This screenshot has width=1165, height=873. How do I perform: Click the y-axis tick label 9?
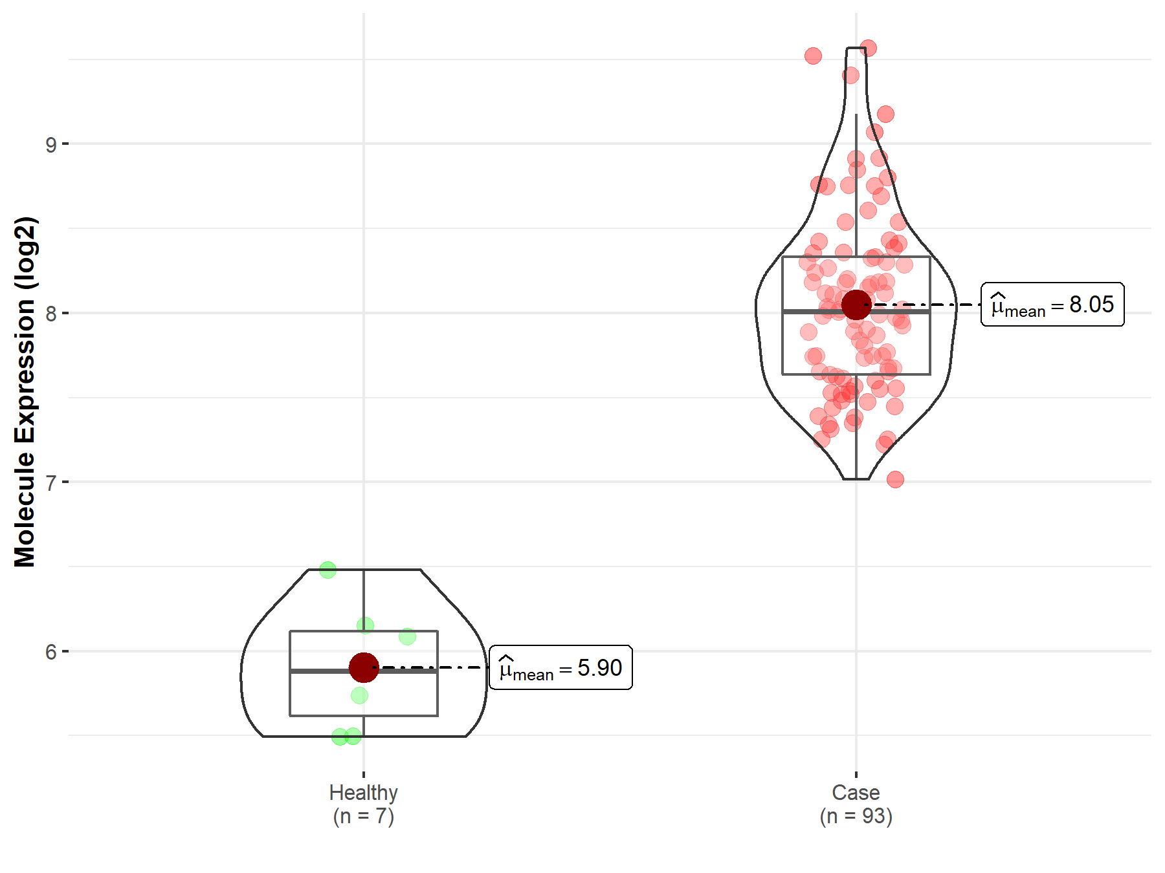click(x=50, y=144)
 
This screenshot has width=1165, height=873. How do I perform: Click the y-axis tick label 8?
click(x=50, y=314)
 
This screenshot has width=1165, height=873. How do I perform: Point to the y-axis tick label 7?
click(x=50, y=482)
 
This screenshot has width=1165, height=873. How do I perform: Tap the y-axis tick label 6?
click(x=50, y=652)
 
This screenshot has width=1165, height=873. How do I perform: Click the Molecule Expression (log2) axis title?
click(x=25, y=392)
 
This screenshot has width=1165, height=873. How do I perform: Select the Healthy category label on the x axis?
click(x=363, y=792)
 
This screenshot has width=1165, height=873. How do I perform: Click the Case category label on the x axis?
click(x=856, y=792)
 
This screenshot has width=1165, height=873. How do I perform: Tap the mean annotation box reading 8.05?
click(x=1052, y=305)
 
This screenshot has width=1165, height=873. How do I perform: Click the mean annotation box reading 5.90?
click(x=560, y=667)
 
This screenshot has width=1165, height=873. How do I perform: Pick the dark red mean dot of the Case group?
click(x=856, y=305)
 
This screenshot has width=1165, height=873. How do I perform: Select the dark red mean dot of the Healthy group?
click(x=364, y=667)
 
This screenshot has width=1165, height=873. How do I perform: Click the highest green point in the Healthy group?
click(x=327, y=570)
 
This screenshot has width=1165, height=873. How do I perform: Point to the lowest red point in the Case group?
click(x=895, y=479)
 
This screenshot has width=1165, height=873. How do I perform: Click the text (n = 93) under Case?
click(x=856, y=816)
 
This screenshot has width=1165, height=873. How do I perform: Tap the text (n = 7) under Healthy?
click(x=363, y=816)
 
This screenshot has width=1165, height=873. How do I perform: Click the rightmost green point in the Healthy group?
click(x=407, y=637)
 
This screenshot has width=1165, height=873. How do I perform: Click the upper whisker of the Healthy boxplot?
click(x=364, y=598)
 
